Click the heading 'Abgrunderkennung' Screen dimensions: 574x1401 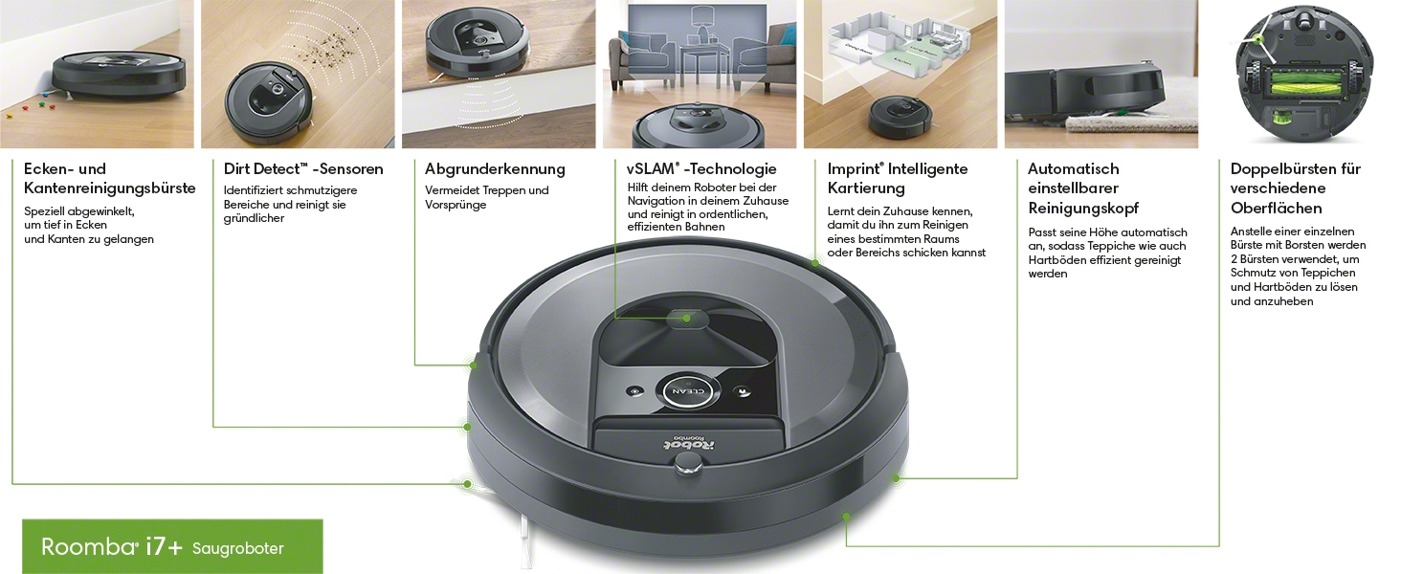coord(495,169)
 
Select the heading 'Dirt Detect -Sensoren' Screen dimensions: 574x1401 coord(303,169)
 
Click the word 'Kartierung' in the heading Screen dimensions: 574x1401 coord(866,188)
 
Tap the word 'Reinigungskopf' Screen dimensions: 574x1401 coord(1083,209)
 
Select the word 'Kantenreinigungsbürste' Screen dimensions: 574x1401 coord(109,188)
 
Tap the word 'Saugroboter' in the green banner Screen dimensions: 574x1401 coord(237,549)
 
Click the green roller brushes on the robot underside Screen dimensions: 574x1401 coord(1305,77)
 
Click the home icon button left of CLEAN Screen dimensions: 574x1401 coord(634,391)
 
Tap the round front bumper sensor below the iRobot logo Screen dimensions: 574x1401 coord(684,464)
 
